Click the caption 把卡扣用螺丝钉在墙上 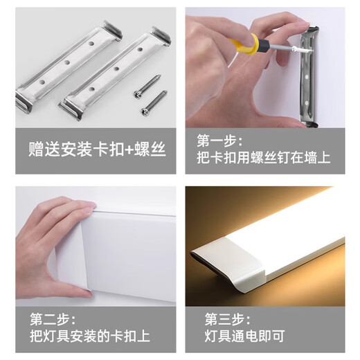(264, 158)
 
